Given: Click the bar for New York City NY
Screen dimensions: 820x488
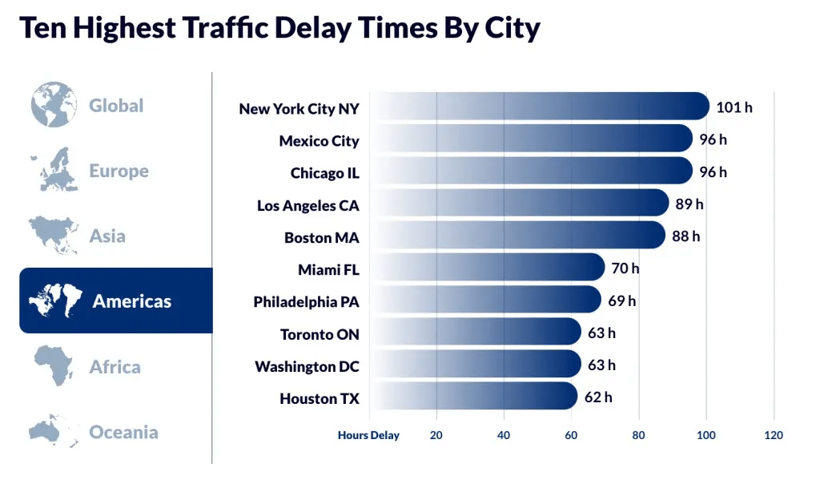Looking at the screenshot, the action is pyautogui.click(x=539, y=107).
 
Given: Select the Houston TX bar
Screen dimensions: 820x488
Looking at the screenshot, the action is pyautogui.click(x=473, y=396).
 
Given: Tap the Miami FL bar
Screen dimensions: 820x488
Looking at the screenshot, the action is pyautogui.click(x=487, y=267).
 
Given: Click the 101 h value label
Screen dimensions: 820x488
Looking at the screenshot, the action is pyautogui.click(x=734, y=107).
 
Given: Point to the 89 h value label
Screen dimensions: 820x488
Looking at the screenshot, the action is pyautogui.click(x=689, y=204).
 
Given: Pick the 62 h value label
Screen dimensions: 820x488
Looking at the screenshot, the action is pyautogui.click(x=598, y=397).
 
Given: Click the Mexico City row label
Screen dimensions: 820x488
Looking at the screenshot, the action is pyautogui.click(x=319, y=141).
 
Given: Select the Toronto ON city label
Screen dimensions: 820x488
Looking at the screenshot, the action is pyautogui.click(x=320, y=334).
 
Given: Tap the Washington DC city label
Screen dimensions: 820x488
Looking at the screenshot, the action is pyautogui.click(x=307, y=367).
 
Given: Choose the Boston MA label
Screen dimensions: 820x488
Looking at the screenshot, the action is pyautogui.click(x=322, y=238).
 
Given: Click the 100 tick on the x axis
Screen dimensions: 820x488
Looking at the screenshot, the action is pyautogui.click(x=706, y=435).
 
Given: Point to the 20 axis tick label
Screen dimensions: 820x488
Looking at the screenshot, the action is pyautogui.click(x=436, y=435).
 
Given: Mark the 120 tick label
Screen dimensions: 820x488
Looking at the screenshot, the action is pyautogui.click(x=774, y=435).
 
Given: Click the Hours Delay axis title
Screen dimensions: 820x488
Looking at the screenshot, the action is pyautogui.click(x=368, y=435).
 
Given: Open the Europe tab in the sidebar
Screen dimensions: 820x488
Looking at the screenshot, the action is pyautogui.click(x=90, y=171).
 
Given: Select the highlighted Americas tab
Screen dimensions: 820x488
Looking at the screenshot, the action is pyautogui.click(x=116, y=300).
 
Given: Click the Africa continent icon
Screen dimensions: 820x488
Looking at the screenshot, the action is pyautogui.click(x=54, y=365).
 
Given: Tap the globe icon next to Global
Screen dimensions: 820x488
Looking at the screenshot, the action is pyautogui.click(x=54, y=105).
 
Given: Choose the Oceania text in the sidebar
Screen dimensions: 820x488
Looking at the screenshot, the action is pyautogui.click(x=123, y=432).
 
